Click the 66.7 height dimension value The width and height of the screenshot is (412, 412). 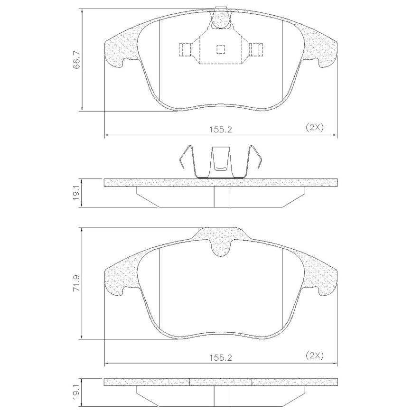tap(76, 60)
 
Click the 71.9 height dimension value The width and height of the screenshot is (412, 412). tap(76, 283)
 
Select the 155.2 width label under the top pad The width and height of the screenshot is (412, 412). tap(221, 129)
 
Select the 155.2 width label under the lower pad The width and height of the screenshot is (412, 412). tap(221, 357)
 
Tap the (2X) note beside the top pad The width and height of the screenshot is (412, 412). tap(315, 127)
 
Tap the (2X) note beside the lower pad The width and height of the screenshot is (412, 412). tap(315, 356)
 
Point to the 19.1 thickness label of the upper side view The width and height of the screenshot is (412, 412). tap(76, 194)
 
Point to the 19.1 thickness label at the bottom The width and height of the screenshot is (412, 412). tap(76, 396)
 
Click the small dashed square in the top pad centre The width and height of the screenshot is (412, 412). tap(221, 49)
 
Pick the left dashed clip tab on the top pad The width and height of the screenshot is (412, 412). tap(186, 49)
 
